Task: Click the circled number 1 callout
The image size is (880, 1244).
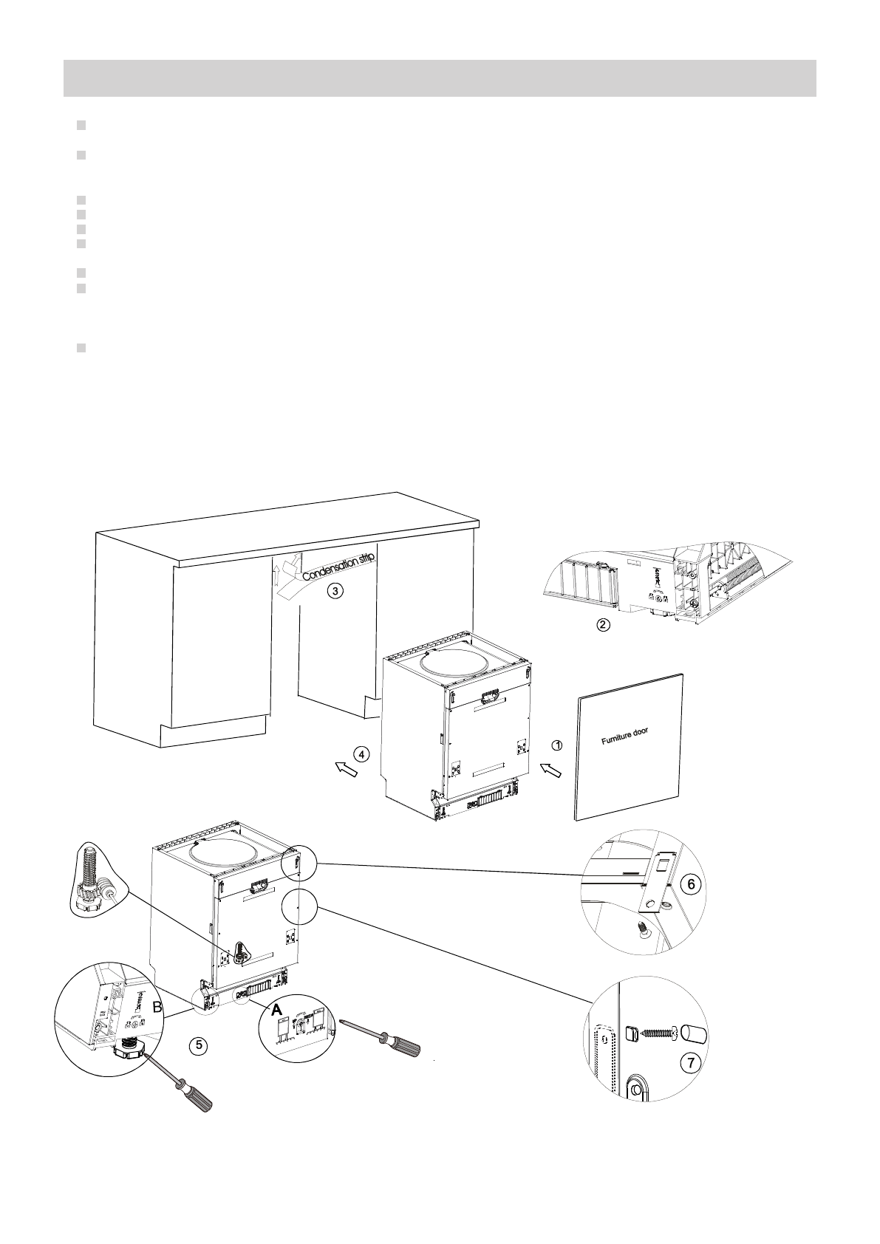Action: click(558, 745)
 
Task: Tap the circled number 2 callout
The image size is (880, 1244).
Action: click(603, 625)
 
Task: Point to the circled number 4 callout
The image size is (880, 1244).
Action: click(360, 754)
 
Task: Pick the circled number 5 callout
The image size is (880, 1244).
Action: click(196, 1045)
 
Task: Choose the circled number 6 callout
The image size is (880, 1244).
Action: click(688, 883)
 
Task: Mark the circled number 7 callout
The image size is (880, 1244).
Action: click(689, 1063)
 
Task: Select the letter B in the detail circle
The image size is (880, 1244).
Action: click(157, 1007)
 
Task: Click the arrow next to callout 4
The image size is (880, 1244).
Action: click(344, 769)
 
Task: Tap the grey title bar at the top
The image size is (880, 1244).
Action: click(440, 78)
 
